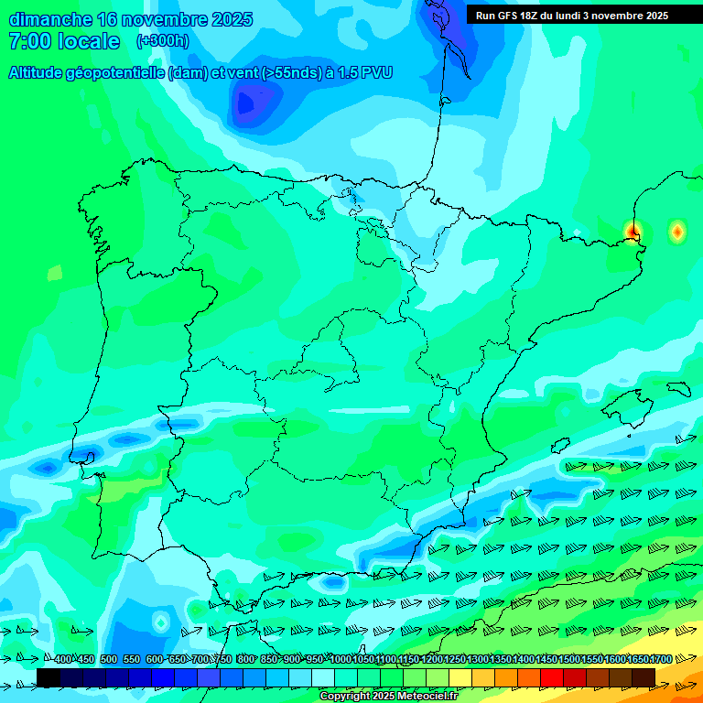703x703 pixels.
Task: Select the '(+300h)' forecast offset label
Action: coord(162,41)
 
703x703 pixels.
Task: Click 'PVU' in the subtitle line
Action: coord(377,73)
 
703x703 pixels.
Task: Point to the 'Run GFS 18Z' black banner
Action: coord(571,16)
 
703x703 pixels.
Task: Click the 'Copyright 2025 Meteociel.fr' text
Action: coord(388,697)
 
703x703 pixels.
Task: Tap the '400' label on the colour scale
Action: coord(63,659)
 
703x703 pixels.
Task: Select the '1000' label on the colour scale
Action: coord(340,659)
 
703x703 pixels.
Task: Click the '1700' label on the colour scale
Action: coord(660,659)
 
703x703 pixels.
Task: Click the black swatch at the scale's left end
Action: coord(49,677)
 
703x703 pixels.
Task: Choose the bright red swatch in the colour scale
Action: coord(552,677)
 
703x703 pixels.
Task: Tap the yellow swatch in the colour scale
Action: coord(460,677)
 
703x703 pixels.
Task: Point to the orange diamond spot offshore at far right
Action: coord(676,233)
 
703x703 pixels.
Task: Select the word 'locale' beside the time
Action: coord(89,41)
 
